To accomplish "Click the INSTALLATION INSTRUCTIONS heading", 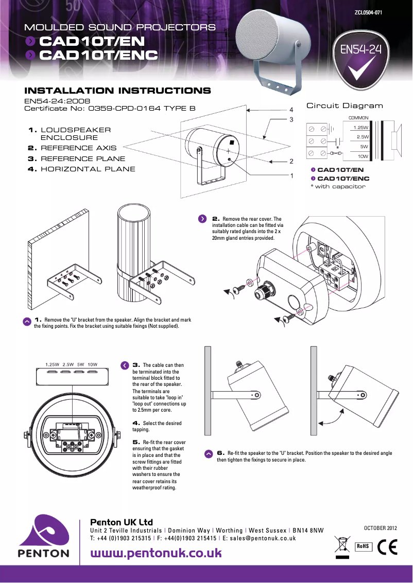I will click(x=118, y=91).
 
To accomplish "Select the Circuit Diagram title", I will click(x=345, y=106).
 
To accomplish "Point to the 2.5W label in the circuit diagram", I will click(x=362, y=137).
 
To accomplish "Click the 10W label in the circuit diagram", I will click(x=363, y=156).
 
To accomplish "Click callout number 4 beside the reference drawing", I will click(x=291, y=110).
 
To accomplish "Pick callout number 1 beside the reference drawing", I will click(x=291, y=176).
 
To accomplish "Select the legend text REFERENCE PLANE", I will click(x=83, y=158).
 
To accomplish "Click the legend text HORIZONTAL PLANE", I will click(x=88, y=169).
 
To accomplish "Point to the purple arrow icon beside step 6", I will click(x=209, y=454).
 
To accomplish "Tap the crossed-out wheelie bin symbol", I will click(x=341, y=545).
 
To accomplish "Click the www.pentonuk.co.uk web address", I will click(x=156, y=553).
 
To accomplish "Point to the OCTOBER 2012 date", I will click(x=381, y=528).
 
